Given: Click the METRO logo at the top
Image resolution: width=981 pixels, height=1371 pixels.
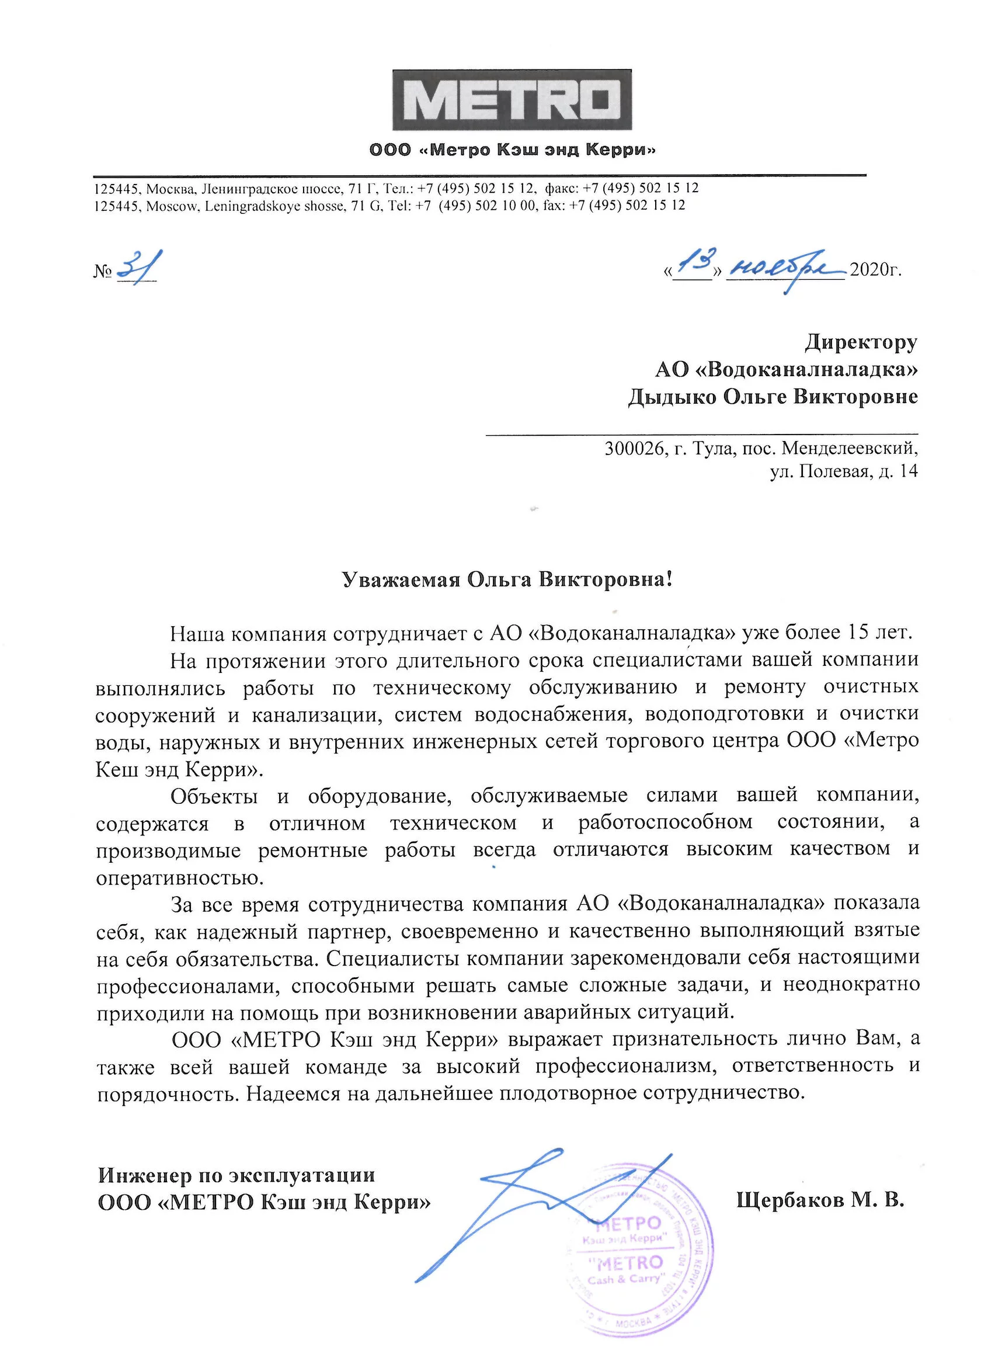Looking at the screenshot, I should [512, 100].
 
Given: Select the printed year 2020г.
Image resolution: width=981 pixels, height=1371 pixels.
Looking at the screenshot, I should [875, 270].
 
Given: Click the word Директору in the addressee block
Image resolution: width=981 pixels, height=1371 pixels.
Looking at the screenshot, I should [861, 342].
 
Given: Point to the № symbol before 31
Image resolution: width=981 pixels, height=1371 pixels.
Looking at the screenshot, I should [103, 271].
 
